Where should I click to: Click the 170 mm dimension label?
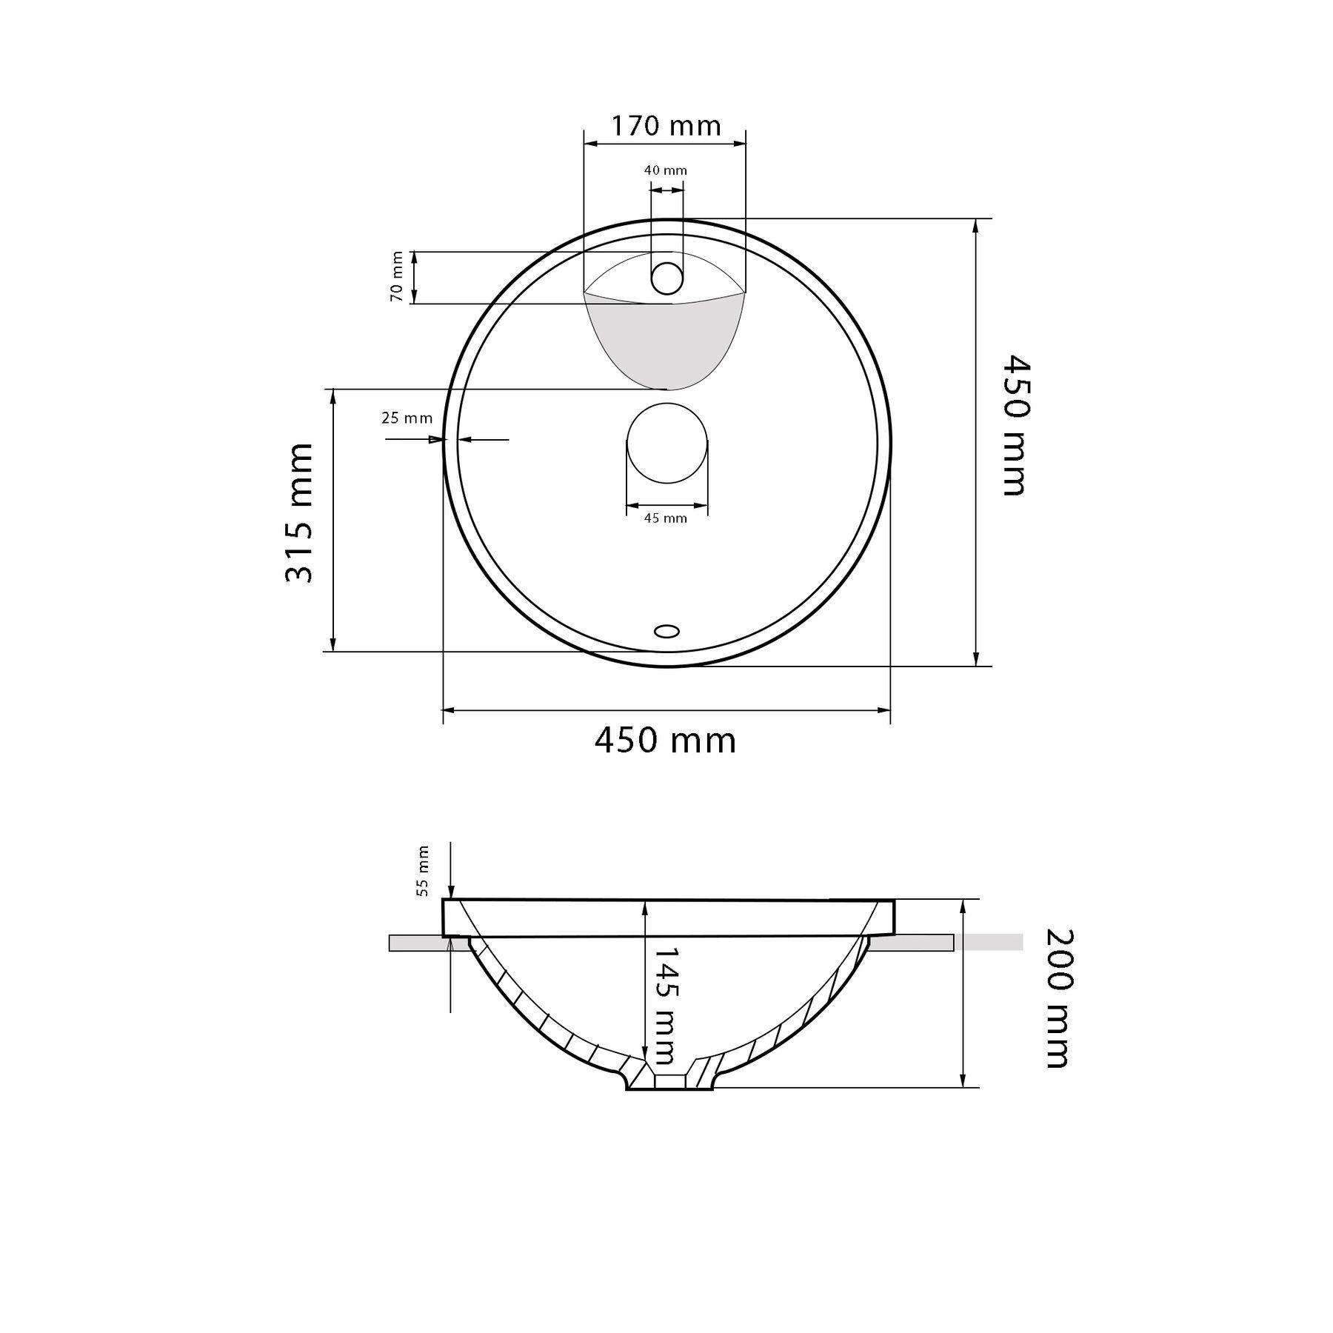[x=665, y=126]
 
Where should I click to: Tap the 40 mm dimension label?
[x=666, y=170]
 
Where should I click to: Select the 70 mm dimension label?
[x=397, y=277]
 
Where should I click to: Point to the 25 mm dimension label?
[x=407, y=418]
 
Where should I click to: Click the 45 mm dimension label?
[x=666, y=518]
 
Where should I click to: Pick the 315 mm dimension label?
[x=299, y=513]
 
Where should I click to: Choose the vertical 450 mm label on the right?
[x=1015, y=426]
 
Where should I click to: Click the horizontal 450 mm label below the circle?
[x=665, y=741]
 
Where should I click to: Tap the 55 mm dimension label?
[x=423, y=871]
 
